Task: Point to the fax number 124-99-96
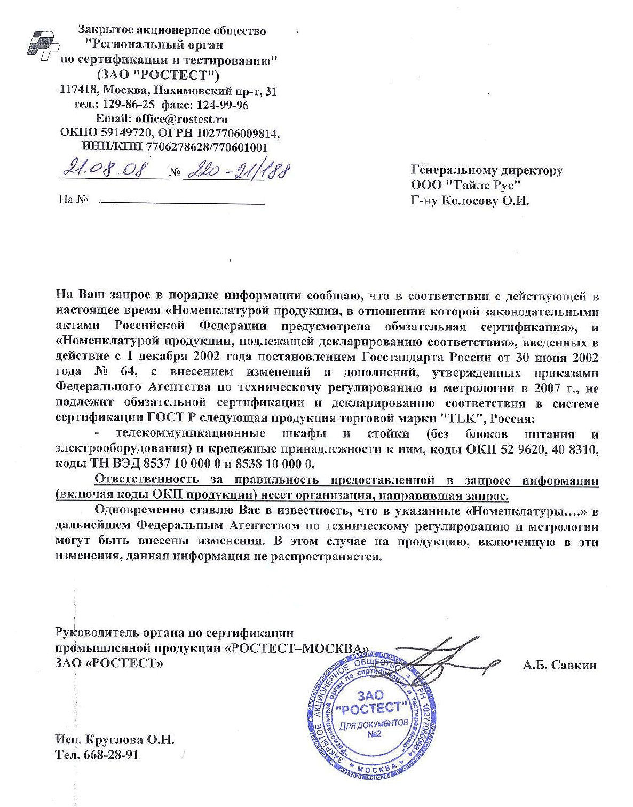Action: click(x=223, y=105)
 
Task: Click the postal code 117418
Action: click(x=80, y=91)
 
